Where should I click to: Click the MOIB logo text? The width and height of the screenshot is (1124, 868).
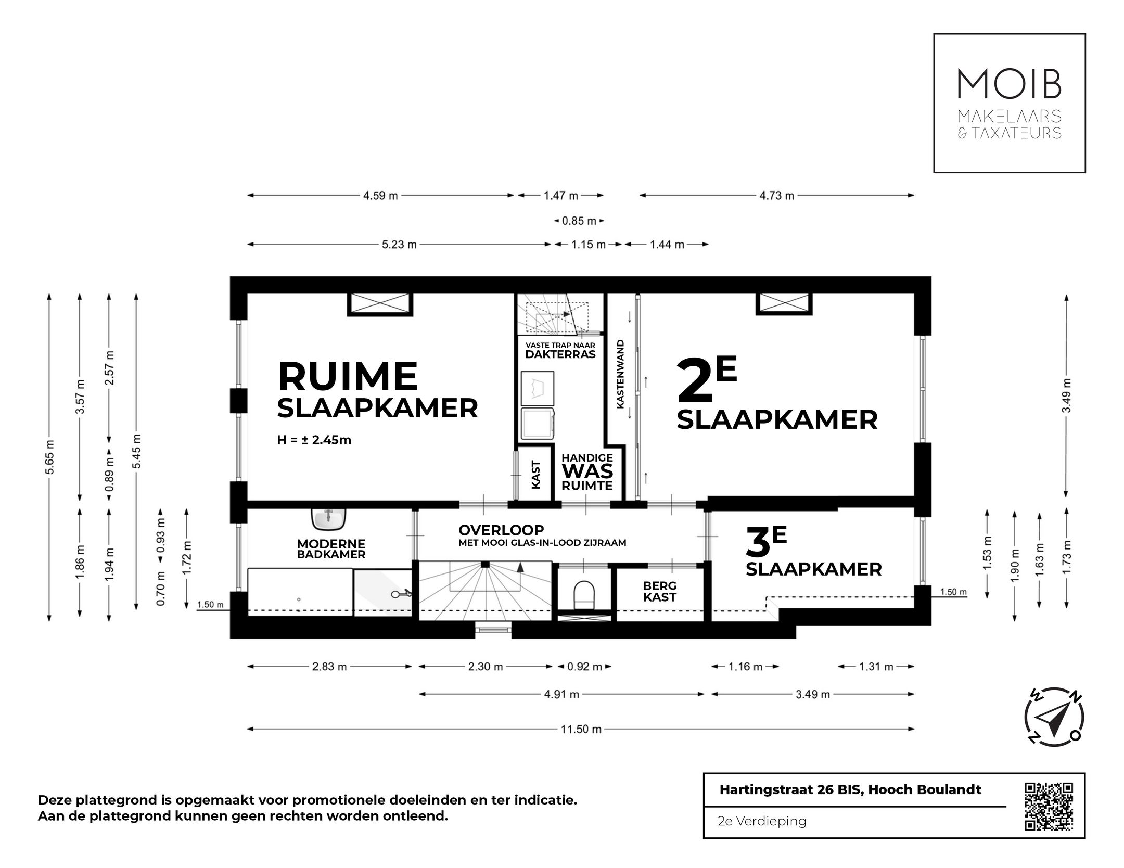[x=1009, y=84]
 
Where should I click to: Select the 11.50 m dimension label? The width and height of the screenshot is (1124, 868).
[x=581, y=729]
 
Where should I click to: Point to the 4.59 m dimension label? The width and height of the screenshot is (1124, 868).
[x=380, y=196]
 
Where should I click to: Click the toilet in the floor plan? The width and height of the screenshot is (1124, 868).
[x=583, y=593]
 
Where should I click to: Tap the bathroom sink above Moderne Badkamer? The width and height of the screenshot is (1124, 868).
[x=329, y=517]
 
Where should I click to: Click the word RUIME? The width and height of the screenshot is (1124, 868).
[x=348, y=376]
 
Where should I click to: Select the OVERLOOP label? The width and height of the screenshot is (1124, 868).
[x=501, y=530]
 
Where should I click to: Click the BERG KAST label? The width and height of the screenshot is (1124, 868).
[x=659, y=592]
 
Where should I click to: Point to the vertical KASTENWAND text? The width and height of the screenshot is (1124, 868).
[x=620, y=374]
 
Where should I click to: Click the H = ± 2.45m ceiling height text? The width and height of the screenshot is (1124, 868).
[x=314, y=440]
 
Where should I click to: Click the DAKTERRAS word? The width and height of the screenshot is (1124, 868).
[x=560, y=354]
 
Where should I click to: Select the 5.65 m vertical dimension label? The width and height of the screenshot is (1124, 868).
[x=49, y=457]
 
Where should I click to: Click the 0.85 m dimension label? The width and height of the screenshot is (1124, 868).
[x=579, y=221]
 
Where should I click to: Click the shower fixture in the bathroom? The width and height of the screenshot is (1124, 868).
[x=401, y=593]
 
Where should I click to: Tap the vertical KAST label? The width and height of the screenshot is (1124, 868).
[x=536, y=475]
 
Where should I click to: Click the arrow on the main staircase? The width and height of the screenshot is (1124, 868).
[x=519, y=567]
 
